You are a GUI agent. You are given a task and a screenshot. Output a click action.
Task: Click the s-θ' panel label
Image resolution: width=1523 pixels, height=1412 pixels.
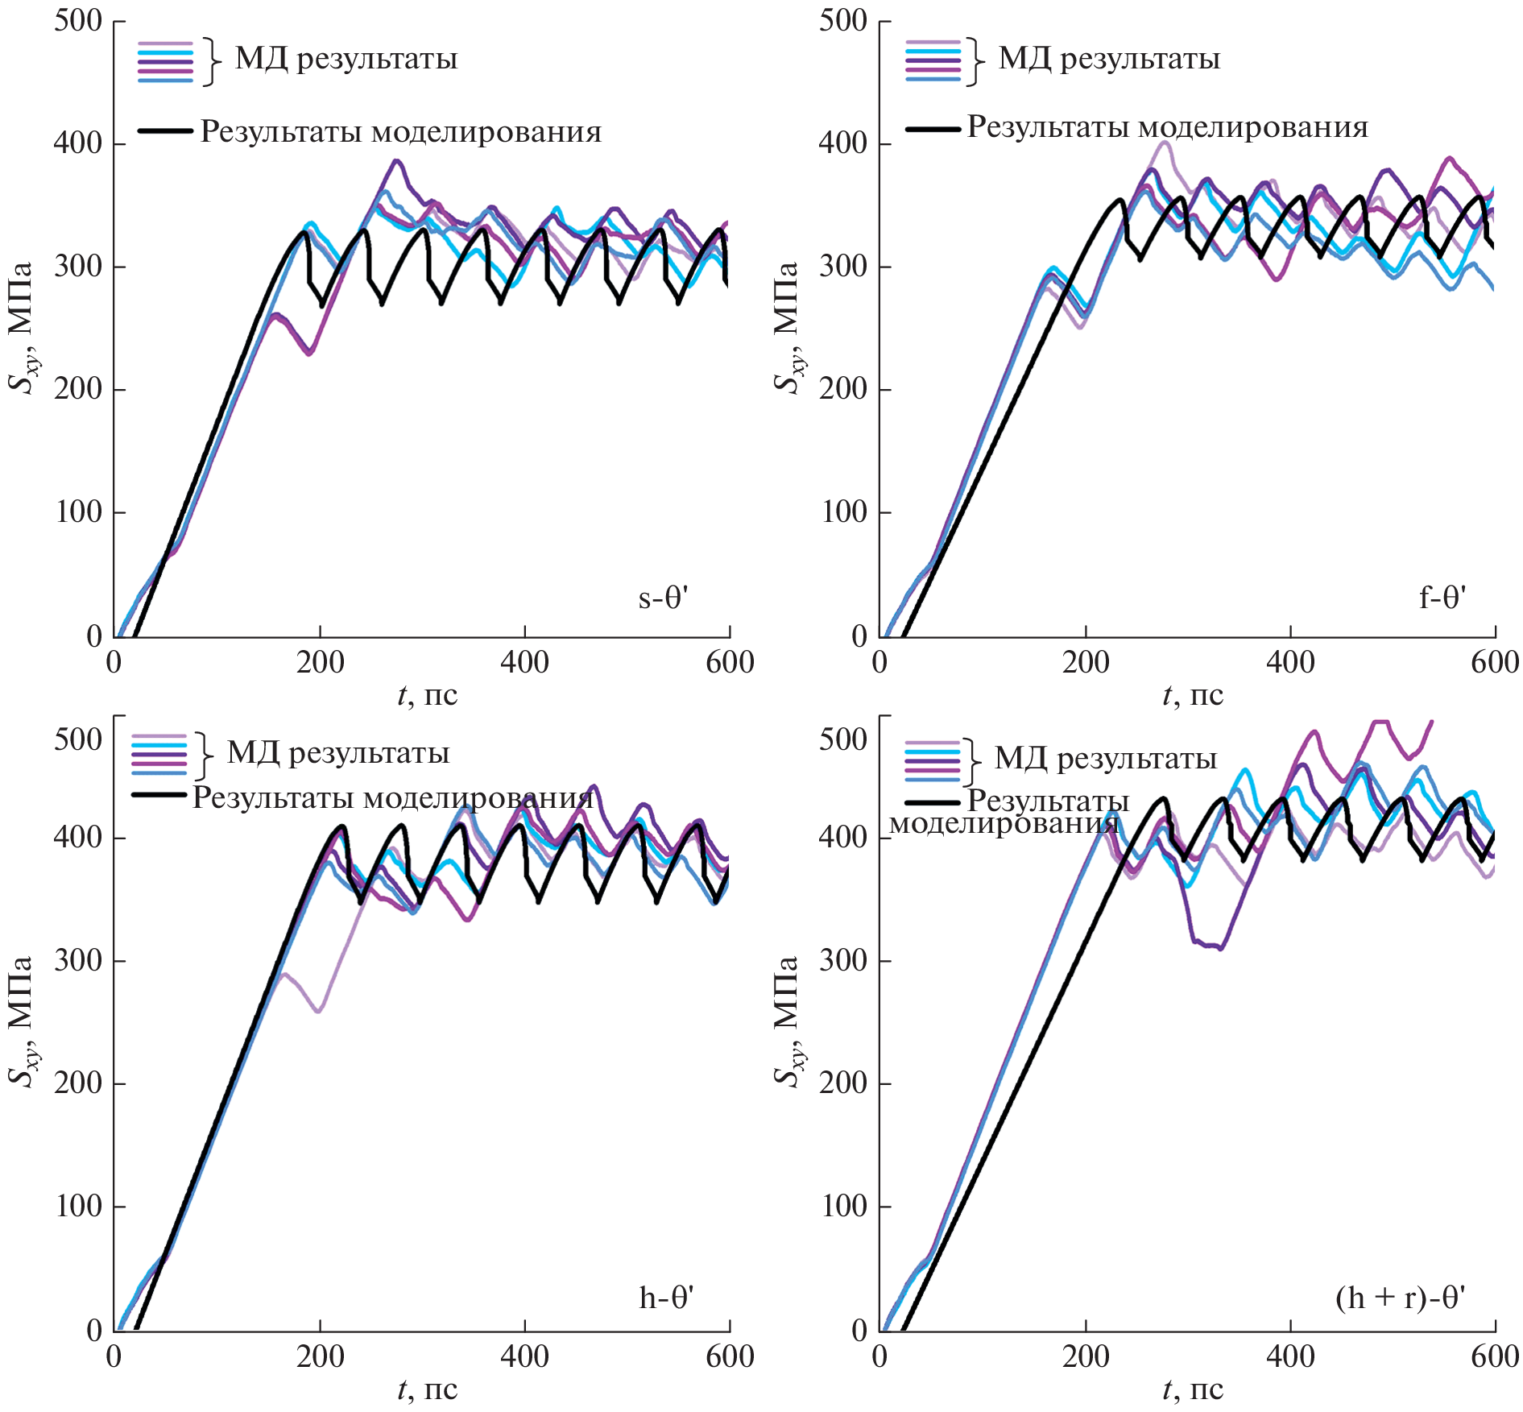tap(663, 598)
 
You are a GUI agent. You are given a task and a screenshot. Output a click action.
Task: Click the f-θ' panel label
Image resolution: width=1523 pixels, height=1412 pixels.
tap(1442, 598)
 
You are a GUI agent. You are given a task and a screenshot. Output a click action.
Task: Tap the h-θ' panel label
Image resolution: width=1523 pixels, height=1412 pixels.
tap(666, 1298)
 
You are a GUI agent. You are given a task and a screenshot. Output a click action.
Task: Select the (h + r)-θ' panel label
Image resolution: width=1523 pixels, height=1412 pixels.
tap(1400, 1298)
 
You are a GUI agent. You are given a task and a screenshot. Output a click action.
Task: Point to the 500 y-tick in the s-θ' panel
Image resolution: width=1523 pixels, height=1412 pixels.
tap(78, 21)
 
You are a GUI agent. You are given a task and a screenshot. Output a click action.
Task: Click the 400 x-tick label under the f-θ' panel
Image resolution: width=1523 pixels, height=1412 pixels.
tap(1290, 663)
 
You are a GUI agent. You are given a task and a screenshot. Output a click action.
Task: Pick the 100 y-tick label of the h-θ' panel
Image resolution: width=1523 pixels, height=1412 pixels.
tap(78, 1206)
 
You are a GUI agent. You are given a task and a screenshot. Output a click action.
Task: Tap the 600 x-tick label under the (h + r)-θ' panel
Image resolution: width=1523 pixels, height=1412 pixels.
tap(1495, 1356)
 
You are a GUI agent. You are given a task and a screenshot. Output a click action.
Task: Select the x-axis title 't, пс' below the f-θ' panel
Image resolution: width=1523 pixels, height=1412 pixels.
tap(1193, 695)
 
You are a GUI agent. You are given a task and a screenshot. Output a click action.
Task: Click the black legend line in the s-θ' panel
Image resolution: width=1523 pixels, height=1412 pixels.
tap(165, 130)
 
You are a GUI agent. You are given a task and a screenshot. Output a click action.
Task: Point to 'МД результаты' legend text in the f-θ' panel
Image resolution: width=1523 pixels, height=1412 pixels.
tap(1109, 59)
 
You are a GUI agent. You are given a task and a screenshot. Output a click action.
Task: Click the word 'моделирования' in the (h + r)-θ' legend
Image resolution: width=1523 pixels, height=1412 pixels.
tap(1004, 823)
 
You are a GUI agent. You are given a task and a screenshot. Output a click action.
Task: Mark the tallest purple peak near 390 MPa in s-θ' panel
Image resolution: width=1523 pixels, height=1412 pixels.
tap(395, 161)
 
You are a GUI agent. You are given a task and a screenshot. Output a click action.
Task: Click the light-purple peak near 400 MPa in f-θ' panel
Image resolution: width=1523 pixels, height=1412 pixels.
tap(1163, 143)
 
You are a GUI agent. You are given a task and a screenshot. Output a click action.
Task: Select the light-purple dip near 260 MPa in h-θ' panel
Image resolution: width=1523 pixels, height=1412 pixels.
tap(319, 1011)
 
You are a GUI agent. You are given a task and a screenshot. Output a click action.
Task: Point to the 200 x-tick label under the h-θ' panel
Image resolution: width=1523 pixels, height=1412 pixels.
tap(320, 1356)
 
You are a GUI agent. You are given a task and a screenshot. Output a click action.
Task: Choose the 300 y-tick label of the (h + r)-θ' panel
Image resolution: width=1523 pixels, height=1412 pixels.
tap(843, 960)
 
